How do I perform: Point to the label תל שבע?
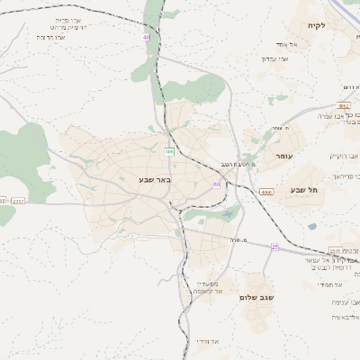(x=306, y=190)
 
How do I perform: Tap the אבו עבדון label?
(x=274, y=58)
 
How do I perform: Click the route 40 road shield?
(x=146, y=37)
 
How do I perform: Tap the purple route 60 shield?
(x=216, y=184)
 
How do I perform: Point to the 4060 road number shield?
(x=266, y=192)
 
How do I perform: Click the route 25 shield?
(x=275, y=247)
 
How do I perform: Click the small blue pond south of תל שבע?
(x=312, y=227)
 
